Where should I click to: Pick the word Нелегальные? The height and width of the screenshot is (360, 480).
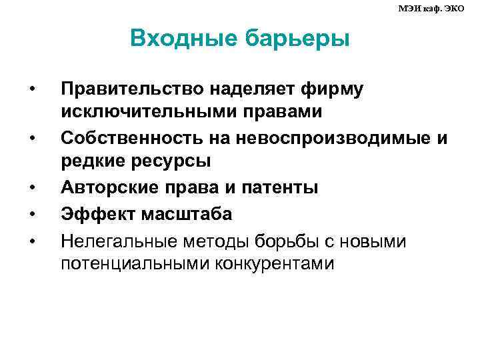tap(115, 238)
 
